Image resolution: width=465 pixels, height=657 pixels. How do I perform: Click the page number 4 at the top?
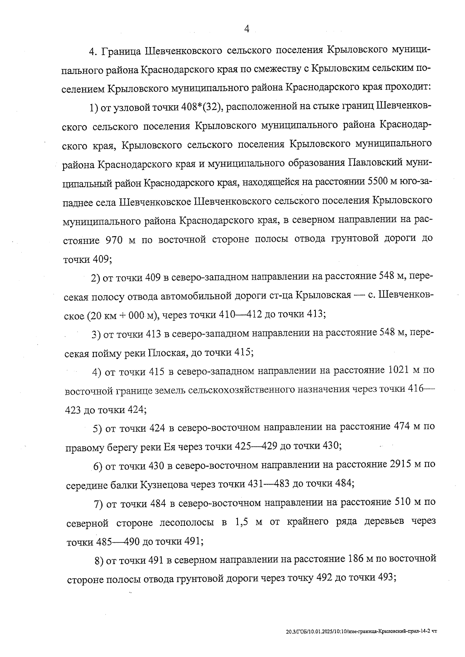(247, 29)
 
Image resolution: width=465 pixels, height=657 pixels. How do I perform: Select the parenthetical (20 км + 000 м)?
(122, 315)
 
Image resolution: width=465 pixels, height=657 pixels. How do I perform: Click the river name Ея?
(170, 446)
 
